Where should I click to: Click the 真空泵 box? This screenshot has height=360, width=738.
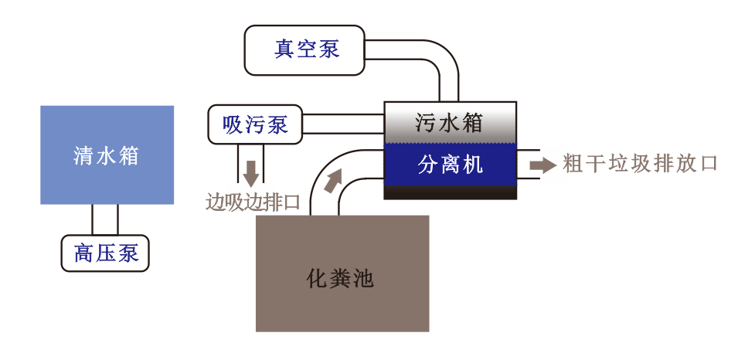point(305,50)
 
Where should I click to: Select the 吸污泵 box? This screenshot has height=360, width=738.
point(255,124)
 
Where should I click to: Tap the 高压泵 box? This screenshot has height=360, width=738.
point(105,253)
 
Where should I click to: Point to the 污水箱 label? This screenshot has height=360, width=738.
point(449,122)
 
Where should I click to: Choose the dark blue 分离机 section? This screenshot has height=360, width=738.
point(450,164)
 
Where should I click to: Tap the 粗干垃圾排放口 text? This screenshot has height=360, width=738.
point(641,164)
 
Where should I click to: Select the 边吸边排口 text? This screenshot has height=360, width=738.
point(252,202)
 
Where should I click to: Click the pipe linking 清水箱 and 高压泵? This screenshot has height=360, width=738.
point(105,219)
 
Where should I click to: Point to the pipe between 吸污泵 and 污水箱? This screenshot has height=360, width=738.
point(343,124)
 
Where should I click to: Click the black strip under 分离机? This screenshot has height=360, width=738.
point(450,192)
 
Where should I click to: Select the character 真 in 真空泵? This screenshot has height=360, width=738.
point(284,49)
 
